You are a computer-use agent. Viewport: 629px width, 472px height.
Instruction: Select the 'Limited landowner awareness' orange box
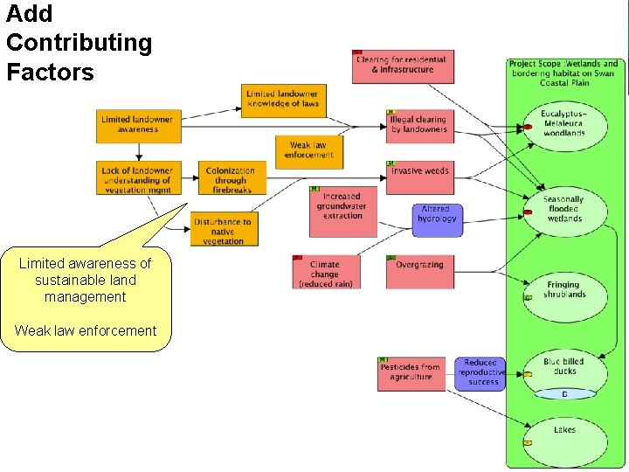click(136, 125)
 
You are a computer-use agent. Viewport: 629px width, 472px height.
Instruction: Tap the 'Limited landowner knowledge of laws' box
click(282, 100)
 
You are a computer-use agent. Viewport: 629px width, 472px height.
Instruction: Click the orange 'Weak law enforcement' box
click(308, 151)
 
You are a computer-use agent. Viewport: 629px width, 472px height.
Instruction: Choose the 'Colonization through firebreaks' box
click(231, 180)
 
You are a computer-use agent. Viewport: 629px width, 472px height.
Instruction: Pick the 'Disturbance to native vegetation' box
click(223, 230)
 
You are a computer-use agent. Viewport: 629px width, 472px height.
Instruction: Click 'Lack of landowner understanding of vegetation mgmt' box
click(136, 179)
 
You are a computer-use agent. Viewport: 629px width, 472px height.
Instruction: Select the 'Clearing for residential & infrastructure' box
click(403, 66)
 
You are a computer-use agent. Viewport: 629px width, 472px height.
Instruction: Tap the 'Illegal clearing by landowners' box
click(419, 125)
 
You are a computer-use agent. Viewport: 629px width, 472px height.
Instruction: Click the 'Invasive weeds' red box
click(419, 172)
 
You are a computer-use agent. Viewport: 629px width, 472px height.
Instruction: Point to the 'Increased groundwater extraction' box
click(342, 211)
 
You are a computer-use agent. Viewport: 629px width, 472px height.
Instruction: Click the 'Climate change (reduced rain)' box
click(325, 272)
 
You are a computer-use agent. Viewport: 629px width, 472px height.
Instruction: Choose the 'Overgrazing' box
click(419, 271)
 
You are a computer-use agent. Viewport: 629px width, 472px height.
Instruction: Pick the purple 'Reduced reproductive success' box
click(480, 373)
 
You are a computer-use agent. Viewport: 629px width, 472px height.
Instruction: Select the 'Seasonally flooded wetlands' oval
click(564, 210)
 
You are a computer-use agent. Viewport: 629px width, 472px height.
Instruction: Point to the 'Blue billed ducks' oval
click(564, 367)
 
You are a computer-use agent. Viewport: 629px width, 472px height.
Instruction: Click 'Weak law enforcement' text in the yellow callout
click(86, 330)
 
